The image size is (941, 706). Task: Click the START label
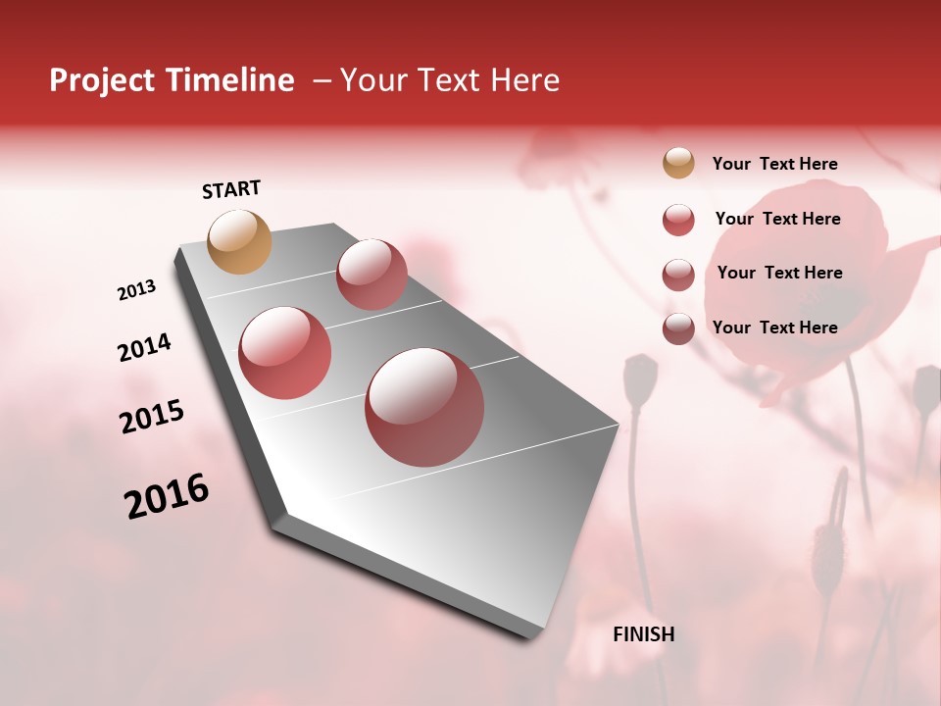231,189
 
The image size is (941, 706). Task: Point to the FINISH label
643,634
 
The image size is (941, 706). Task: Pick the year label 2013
137,290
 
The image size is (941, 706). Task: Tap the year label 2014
144,347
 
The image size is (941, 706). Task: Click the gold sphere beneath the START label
240,241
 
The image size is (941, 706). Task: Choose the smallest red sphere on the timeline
371,275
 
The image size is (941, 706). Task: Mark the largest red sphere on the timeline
424,407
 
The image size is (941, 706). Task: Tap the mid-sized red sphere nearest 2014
285,353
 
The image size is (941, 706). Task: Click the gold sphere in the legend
678,163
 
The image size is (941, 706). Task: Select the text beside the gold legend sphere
774,164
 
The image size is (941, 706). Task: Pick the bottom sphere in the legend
678,328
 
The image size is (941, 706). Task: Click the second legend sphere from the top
678,220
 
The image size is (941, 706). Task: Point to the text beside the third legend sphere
779,273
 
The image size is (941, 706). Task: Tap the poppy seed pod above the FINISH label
640,380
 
